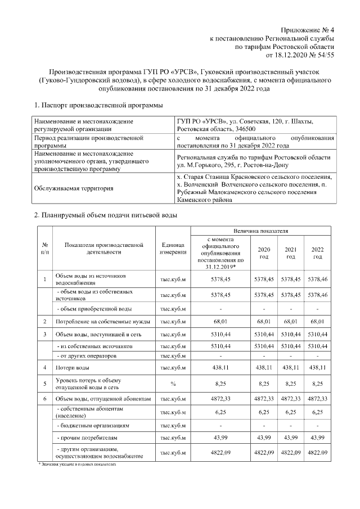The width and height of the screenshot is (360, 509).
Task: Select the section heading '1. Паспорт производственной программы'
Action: click(x=98, y=105)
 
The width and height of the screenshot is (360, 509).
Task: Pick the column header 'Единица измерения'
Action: click(x=173, y=249)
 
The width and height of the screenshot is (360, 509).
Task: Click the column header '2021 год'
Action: click(x=290, y=253)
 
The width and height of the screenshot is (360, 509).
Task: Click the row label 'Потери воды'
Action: click(x=71, y=368)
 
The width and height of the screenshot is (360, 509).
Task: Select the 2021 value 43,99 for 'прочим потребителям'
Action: click(x=290, y=438)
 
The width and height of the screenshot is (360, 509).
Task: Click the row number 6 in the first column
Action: click(x=44, y=399)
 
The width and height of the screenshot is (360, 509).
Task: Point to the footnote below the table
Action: click(x=76, y=465)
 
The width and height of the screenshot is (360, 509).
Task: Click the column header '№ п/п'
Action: click(x=44, y=249)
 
